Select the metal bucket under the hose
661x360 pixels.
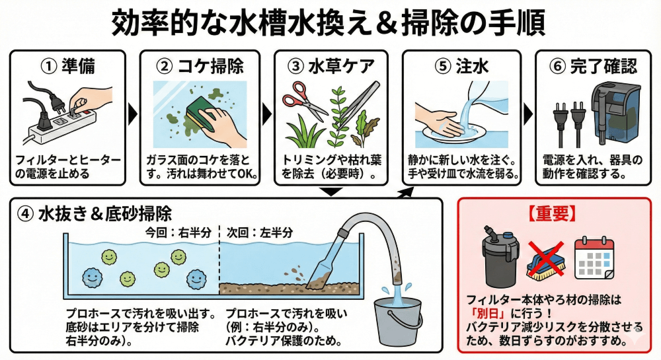coord(399,319)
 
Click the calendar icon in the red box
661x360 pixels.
coord(594,258)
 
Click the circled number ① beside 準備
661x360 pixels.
coord(49,67)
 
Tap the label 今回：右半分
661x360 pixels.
coord(178,233)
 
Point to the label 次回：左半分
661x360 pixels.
coord(259,233)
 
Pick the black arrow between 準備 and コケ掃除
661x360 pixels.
coord(133,113)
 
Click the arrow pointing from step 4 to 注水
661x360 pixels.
coord(406,194)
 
